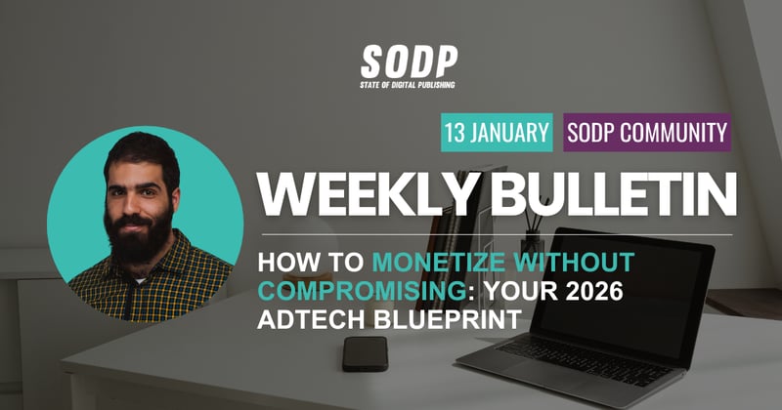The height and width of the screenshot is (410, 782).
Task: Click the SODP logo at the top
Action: pos(407,62)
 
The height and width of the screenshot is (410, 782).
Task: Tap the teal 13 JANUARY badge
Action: pos(497,132)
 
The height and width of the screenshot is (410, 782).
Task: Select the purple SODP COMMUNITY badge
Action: pos(647,132)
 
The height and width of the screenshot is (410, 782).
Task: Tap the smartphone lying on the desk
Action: pos(365,352)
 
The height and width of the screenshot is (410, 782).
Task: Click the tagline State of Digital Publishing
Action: pos(407,84)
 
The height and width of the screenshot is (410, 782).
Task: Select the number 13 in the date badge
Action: pos(456,132)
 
